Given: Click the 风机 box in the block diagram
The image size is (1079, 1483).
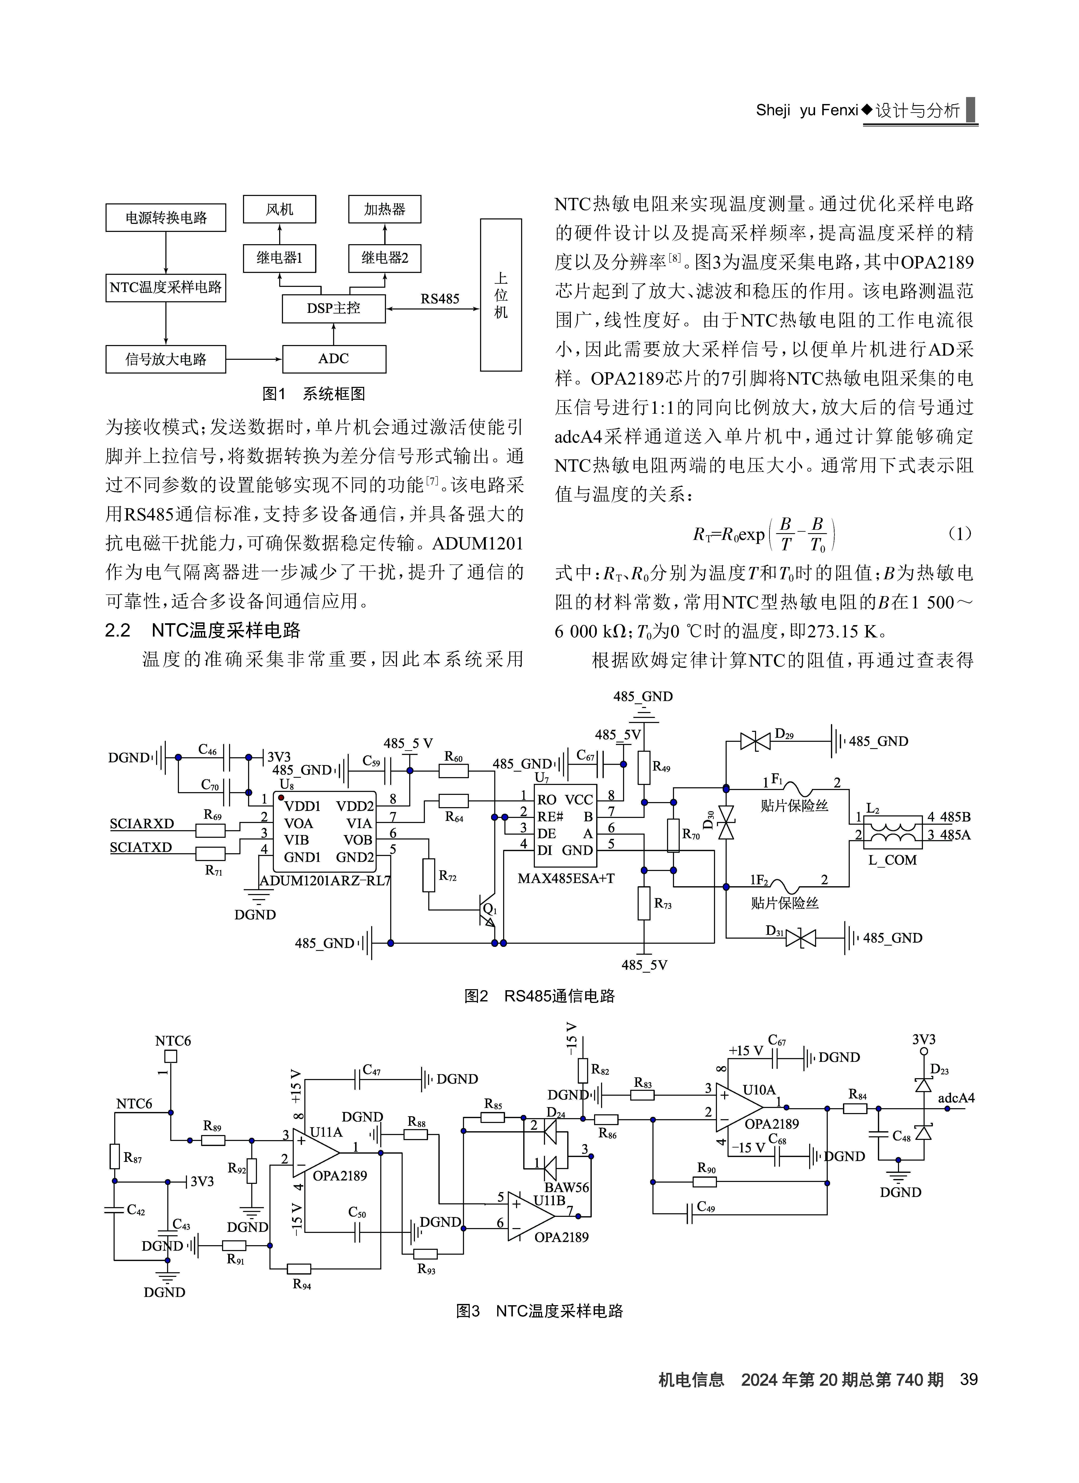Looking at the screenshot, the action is (279, 209).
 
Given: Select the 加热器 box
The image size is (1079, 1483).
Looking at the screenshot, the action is (384, 209).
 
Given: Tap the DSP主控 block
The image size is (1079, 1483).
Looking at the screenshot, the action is (334, 308).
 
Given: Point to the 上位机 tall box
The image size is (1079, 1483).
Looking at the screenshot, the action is (501, 295).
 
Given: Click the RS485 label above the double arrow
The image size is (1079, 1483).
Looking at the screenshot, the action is (439, 299).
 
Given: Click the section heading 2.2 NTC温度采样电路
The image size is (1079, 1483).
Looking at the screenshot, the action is (203, 630).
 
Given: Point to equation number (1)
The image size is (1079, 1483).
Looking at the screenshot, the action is (959, 534).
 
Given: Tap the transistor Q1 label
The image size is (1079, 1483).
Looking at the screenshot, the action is (490, 909).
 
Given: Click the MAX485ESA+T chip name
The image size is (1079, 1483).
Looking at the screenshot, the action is (566, 878).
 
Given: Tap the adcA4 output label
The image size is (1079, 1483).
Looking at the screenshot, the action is (956, 1098).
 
